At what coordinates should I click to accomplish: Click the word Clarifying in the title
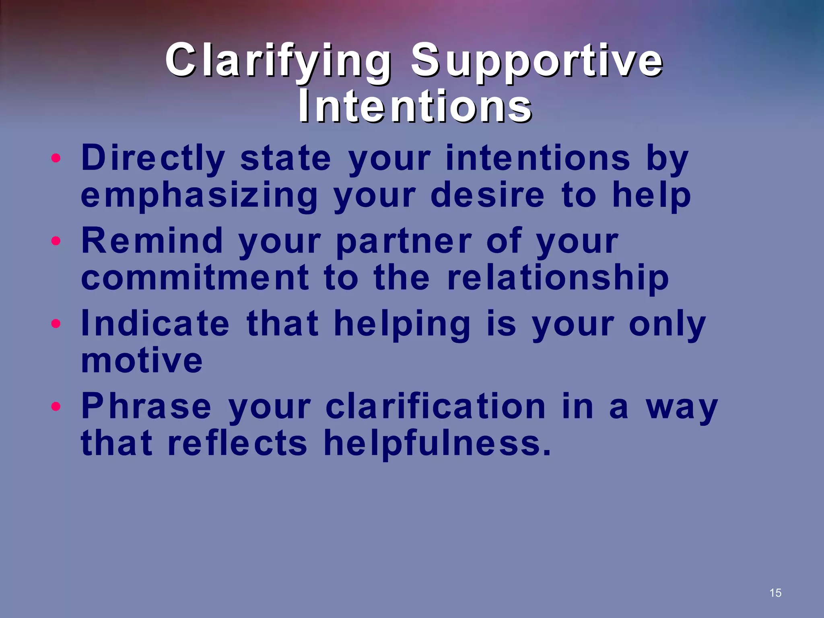(x=278, y=61)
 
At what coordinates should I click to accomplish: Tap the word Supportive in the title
(x=536, y=61)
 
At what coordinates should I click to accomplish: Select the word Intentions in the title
(x=415, y=106)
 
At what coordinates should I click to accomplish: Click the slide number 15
(x=775, y=593)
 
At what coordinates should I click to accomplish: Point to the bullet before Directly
(x=56, y=158)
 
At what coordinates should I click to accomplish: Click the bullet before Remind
(x=56, y=241)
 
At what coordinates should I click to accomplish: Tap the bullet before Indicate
(x=56, y=324)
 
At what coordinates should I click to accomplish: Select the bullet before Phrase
(x=56, y=407)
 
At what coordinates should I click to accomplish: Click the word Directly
(x=153, y=159)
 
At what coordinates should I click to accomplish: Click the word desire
(x=487, y=195)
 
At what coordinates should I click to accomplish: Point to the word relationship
(x=558, y=278)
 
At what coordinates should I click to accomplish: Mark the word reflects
(x=237, y=443)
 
